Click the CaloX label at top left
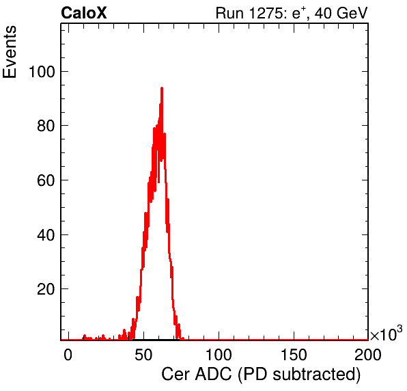point(84,13)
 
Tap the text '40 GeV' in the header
point(341,13)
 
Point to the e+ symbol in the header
point(298,13)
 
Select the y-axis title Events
point(10,52)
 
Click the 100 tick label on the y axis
point(42,72)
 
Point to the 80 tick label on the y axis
point(46,126)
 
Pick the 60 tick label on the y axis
point(46,180)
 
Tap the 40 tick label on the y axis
point(46,235)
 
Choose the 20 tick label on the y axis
point(46,289)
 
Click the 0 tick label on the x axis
point(68,355)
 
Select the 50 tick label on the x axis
point(143,355)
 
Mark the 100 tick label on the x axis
point(219,355)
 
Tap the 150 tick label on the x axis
point(294,355)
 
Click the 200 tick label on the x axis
point(368,355)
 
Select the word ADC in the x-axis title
point(213,375)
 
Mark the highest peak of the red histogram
point(162,88)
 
